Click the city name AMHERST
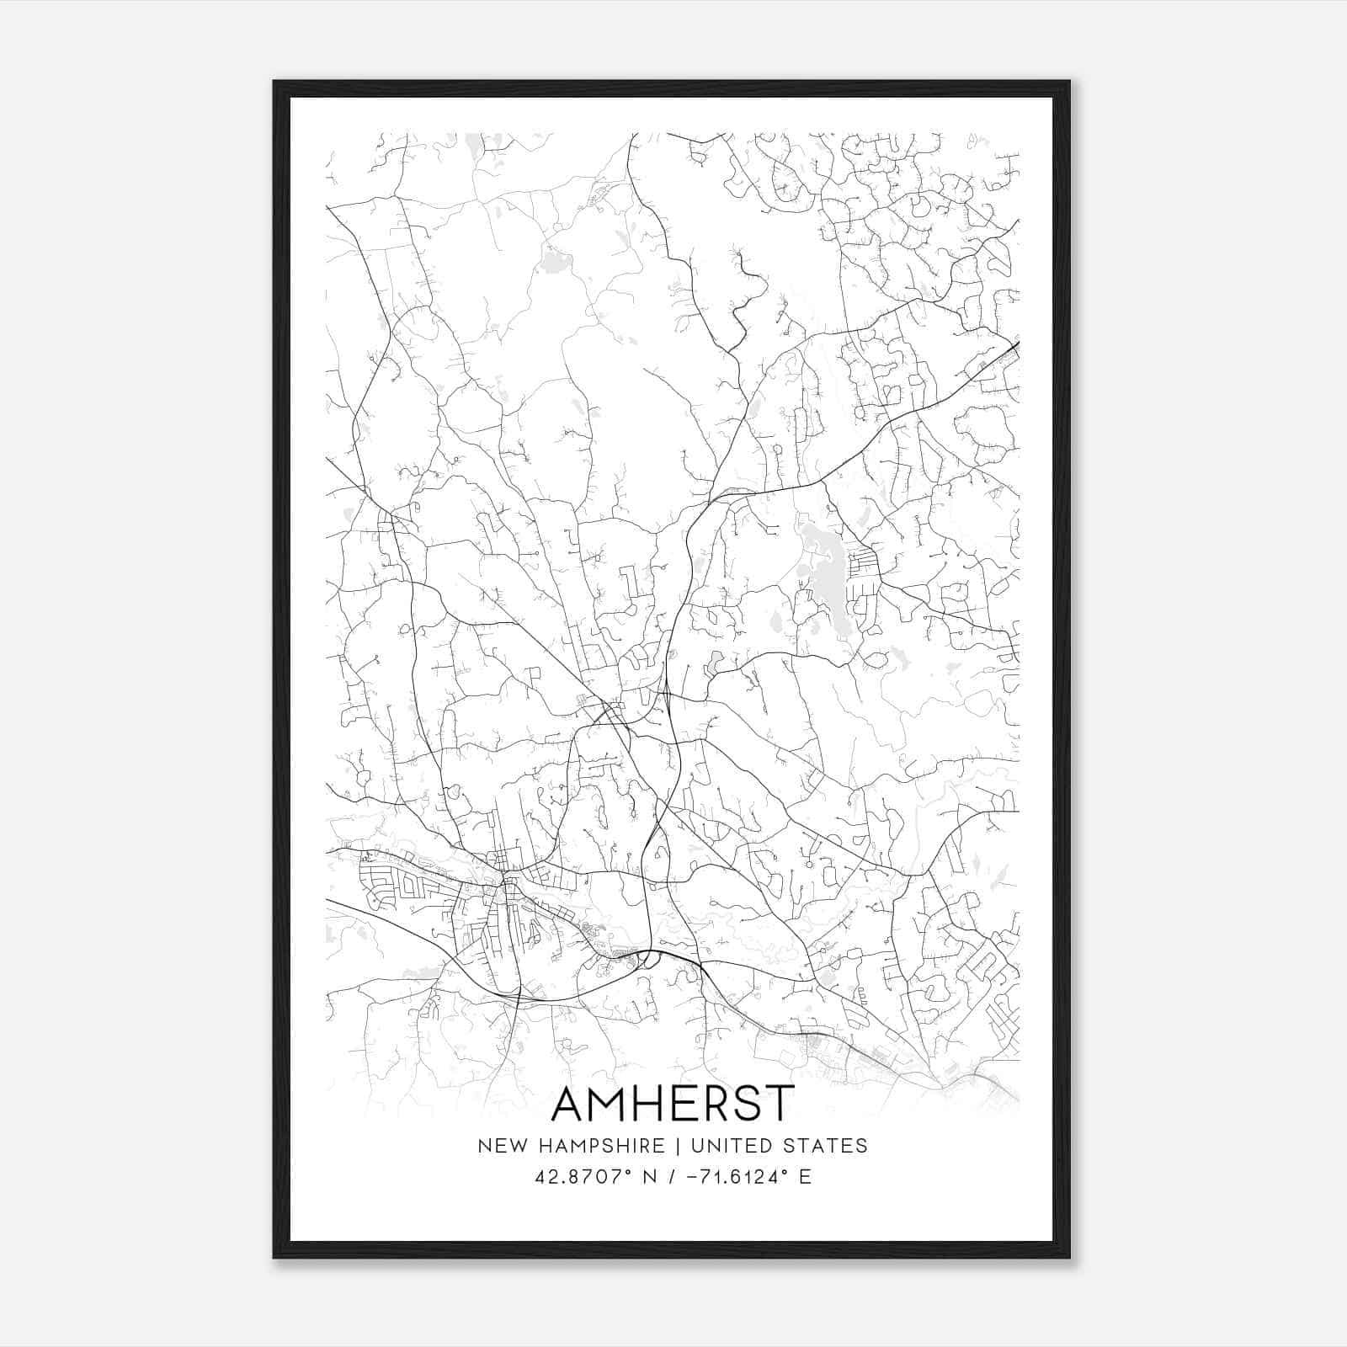coord(672,1103)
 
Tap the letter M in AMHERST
coord(607,1103)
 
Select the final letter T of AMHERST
coord(779,1103)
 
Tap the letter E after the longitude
coord(806,1177)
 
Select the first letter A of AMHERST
coord(567,1103)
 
